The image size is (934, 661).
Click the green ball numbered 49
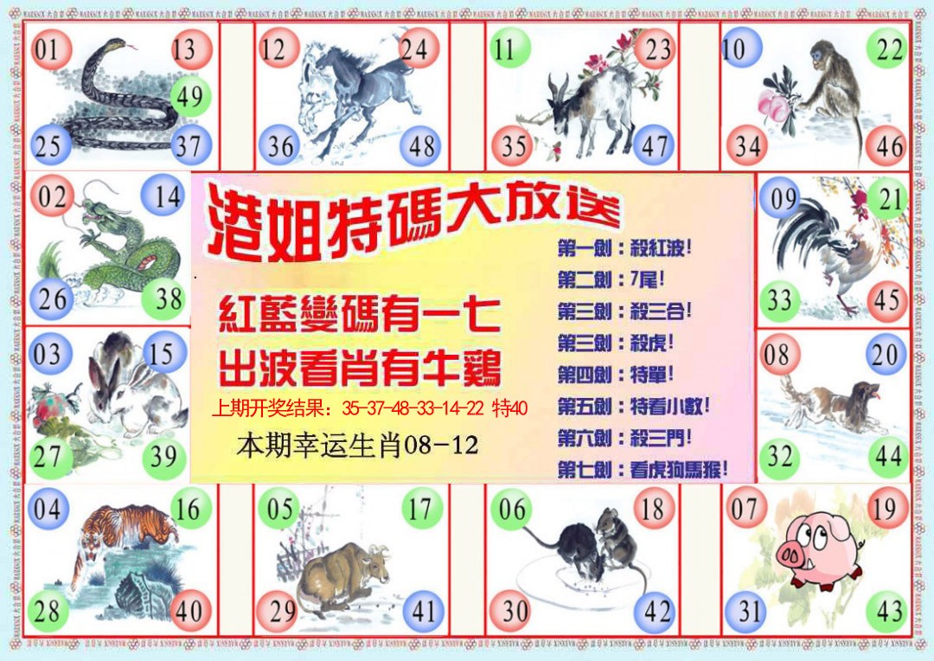pyautogui.click(x=189, y=97)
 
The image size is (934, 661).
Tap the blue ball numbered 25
pyautogui.click(x=48, y=145)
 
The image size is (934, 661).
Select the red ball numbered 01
pyautogui.click(x=48, y=49)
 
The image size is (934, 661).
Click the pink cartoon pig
pyautogui.click(x=818, y=549)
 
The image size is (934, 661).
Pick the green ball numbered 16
pyautogui.click(x=188, y=509)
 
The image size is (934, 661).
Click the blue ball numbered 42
pyautogui.click(x=657, y=612)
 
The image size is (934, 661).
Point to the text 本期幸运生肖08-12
pyautogui.click(x=357, y=447)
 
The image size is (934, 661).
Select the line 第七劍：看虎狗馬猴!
pyautogui.click(x=643, y=471)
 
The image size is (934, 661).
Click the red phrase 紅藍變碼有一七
pyautogui.click(x=359, y=317)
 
